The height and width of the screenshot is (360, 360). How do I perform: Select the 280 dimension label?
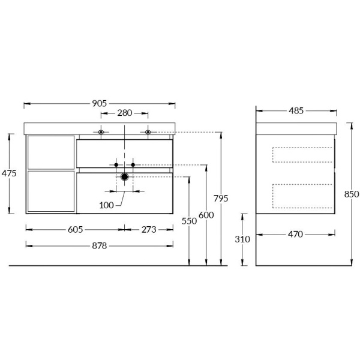pos(125,113)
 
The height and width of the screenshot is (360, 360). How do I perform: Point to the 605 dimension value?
pos(74,229)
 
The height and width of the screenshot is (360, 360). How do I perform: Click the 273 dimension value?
pos(149,229)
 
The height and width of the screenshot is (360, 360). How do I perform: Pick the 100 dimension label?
pos(107,205)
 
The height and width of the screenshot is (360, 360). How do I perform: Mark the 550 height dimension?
pos(189,221)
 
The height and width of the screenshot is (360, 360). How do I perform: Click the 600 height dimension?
pos(206,215)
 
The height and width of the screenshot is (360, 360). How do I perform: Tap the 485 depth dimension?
pos(296,110)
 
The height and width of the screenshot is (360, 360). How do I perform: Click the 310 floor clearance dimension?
pos(242,239)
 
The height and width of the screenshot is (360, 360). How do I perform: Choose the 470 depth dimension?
pos(295,235)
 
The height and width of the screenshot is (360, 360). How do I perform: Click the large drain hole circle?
pos(124,176)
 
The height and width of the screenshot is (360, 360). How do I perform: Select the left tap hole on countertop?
pos(101,132)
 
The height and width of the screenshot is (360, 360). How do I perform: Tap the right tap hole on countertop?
pos(148,132)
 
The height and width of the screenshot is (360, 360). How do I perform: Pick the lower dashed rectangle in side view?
pos(302,196)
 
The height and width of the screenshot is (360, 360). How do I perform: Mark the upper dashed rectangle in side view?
pos(302,154)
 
